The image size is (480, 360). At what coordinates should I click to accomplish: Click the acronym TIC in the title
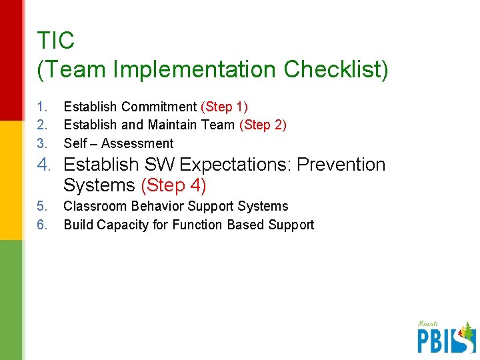56,41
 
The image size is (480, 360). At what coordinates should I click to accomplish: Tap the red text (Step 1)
224,107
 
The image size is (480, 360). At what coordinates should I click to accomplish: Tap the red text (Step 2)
263,125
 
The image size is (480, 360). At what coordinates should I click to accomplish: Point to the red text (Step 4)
173,184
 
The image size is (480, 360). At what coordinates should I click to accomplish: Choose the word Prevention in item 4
341,165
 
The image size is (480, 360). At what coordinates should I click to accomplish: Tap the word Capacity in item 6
123,225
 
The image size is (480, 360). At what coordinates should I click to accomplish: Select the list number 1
42,107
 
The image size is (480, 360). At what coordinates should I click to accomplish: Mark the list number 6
42,225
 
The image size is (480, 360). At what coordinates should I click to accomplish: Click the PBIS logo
446,336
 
